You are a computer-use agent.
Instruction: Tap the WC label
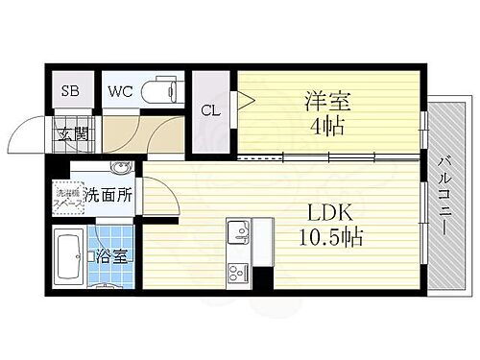[x=120, y=92]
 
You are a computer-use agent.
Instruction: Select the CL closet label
[x=209, y=110]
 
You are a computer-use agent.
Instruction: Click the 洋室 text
[x=326, y=98]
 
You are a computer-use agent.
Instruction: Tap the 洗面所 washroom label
[x=108, y=195]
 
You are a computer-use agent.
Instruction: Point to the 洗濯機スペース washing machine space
[x=65, y=197]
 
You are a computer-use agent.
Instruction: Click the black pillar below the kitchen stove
[x=261, y=278]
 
